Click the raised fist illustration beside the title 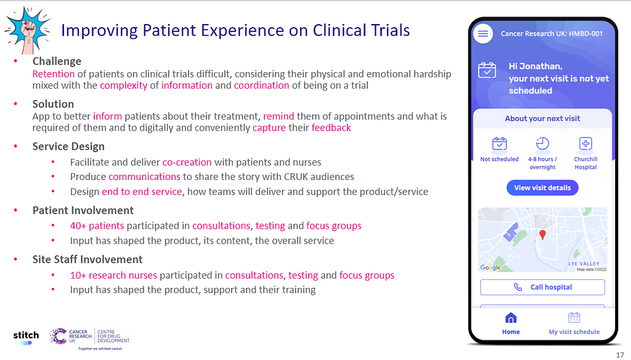point(27,30)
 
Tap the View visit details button point(542,187)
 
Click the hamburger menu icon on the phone point(483,33)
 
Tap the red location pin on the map point(542,235)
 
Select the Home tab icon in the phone point(511,318)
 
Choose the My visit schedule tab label point(574,332)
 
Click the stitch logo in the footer point(26,337)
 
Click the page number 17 point(620,355)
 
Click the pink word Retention point(54,74)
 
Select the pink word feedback point(331,128)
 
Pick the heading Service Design point(68,146)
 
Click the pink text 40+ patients point(97,226)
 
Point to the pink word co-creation point(187,162)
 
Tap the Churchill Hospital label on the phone point(585,163)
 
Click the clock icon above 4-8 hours point(542,144)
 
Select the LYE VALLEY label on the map point(584,264)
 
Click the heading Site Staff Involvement point(88,260)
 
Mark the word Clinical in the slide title point(339,30)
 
